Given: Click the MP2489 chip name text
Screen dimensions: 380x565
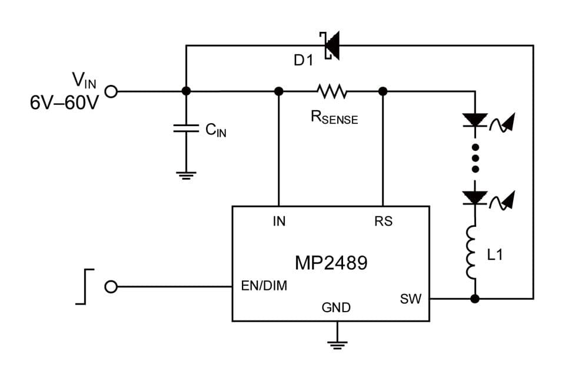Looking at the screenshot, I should coord(331,262).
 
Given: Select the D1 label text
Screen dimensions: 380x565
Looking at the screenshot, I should coord(304,60).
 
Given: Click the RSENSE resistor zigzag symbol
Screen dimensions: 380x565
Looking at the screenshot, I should coord(331,91).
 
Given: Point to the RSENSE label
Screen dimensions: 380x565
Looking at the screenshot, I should coord(334,117).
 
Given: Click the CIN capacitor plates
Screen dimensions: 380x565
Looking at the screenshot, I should coord(186,129).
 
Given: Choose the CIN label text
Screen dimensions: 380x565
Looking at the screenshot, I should coord(215,130).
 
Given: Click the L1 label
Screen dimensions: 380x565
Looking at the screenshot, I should coord(495,255).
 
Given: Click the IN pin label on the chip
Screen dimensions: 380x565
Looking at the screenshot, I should coord(279,222).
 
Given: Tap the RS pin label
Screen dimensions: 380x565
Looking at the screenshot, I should coord(383,222).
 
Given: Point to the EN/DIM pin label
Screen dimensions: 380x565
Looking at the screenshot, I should coord(264,286).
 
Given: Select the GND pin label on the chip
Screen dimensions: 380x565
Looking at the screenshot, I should coord(336,307).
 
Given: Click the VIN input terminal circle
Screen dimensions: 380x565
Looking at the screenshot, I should coord(111,91).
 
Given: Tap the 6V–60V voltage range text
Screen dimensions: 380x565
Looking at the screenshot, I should coord(64,103).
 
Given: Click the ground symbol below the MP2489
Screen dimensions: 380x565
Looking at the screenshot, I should coord(337,343).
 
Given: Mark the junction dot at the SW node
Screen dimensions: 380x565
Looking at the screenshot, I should coord(475,299).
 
